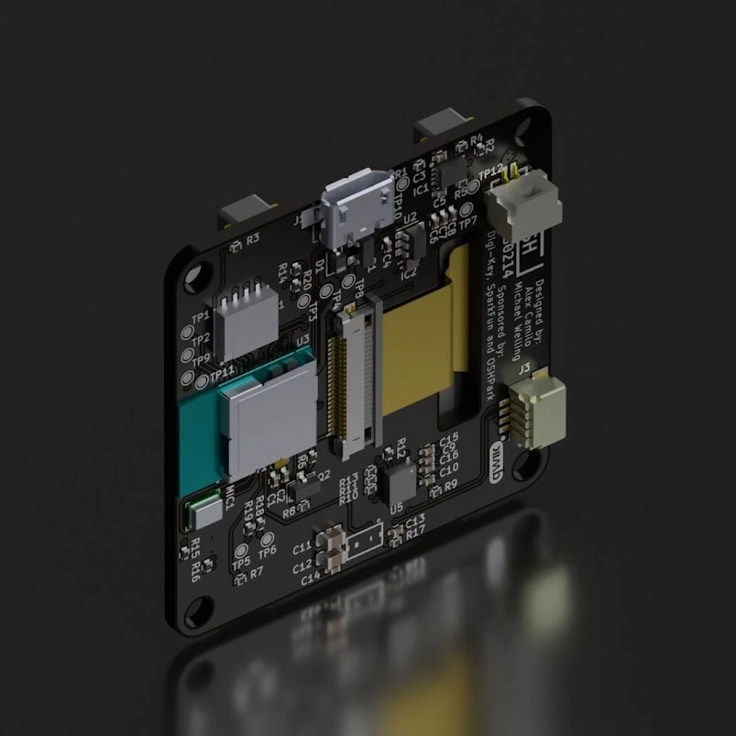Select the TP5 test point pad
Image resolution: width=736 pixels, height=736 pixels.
click(242, 553)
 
